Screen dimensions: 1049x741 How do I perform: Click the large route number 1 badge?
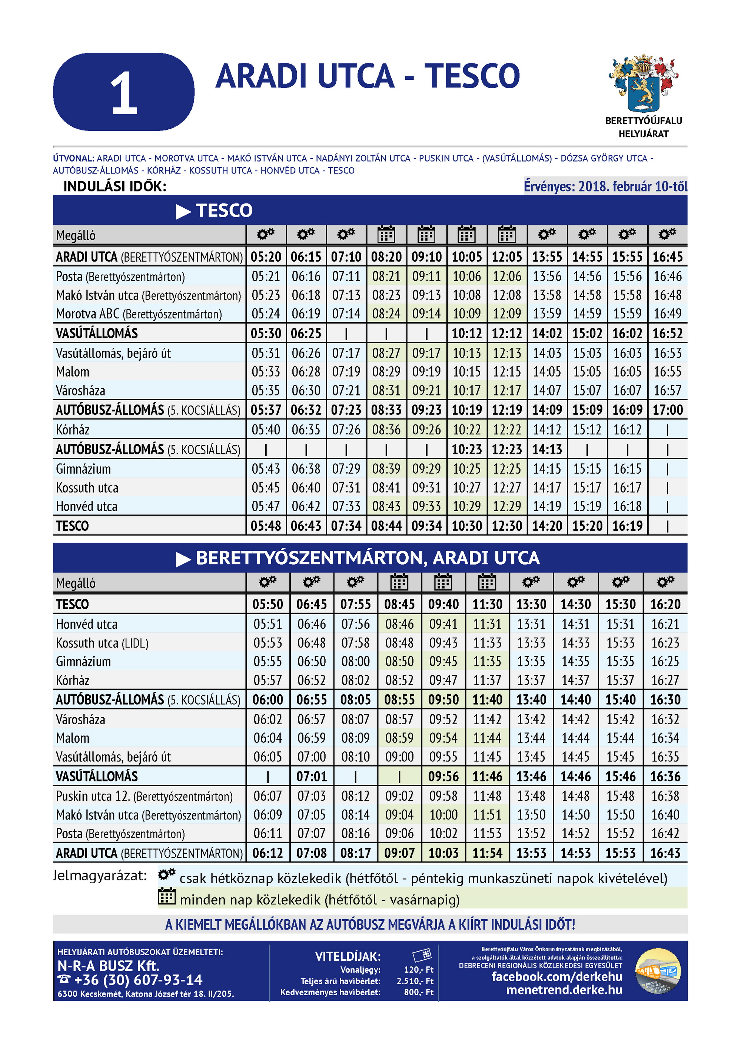point(124,92)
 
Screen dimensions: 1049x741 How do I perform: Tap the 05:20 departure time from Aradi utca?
point(266,257)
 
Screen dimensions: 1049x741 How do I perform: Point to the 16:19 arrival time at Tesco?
point(627,526)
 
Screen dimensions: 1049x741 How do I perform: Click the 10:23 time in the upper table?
point(466,450)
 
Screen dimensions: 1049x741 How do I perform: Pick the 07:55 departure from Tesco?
point(355,605)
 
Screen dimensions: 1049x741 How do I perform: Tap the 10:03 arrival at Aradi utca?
point(443,853)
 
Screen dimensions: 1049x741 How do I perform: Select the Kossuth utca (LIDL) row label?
point(102,643)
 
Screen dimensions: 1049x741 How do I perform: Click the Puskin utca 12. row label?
point(144,796)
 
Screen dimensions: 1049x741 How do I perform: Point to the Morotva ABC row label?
point(139,314)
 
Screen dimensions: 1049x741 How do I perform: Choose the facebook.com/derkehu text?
point(556,976)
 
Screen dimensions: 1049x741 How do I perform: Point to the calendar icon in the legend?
point(167,896)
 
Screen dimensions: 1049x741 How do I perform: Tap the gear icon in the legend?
point(167,875)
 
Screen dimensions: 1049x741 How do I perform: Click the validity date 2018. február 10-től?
point(605,186)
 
